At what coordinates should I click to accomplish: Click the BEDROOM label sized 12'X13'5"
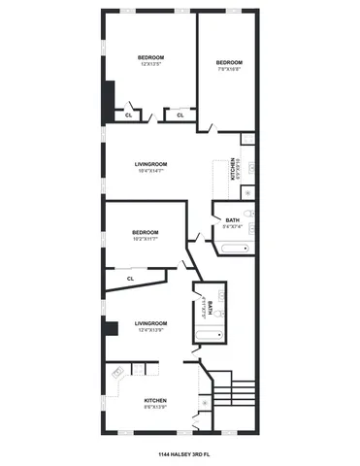[150, 60]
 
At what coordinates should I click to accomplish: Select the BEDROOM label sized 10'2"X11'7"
[145, 234]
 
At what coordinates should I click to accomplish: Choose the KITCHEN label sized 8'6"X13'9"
[155, 403]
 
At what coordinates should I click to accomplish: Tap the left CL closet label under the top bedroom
[129, 115]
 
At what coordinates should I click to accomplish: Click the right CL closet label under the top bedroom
[180, 115]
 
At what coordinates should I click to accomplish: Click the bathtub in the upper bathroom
[236, 249]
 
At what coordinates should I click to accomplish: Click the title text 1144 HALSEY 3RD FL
[180, 453]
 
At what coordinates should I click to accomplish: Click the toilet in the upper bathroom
[250, 230]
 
